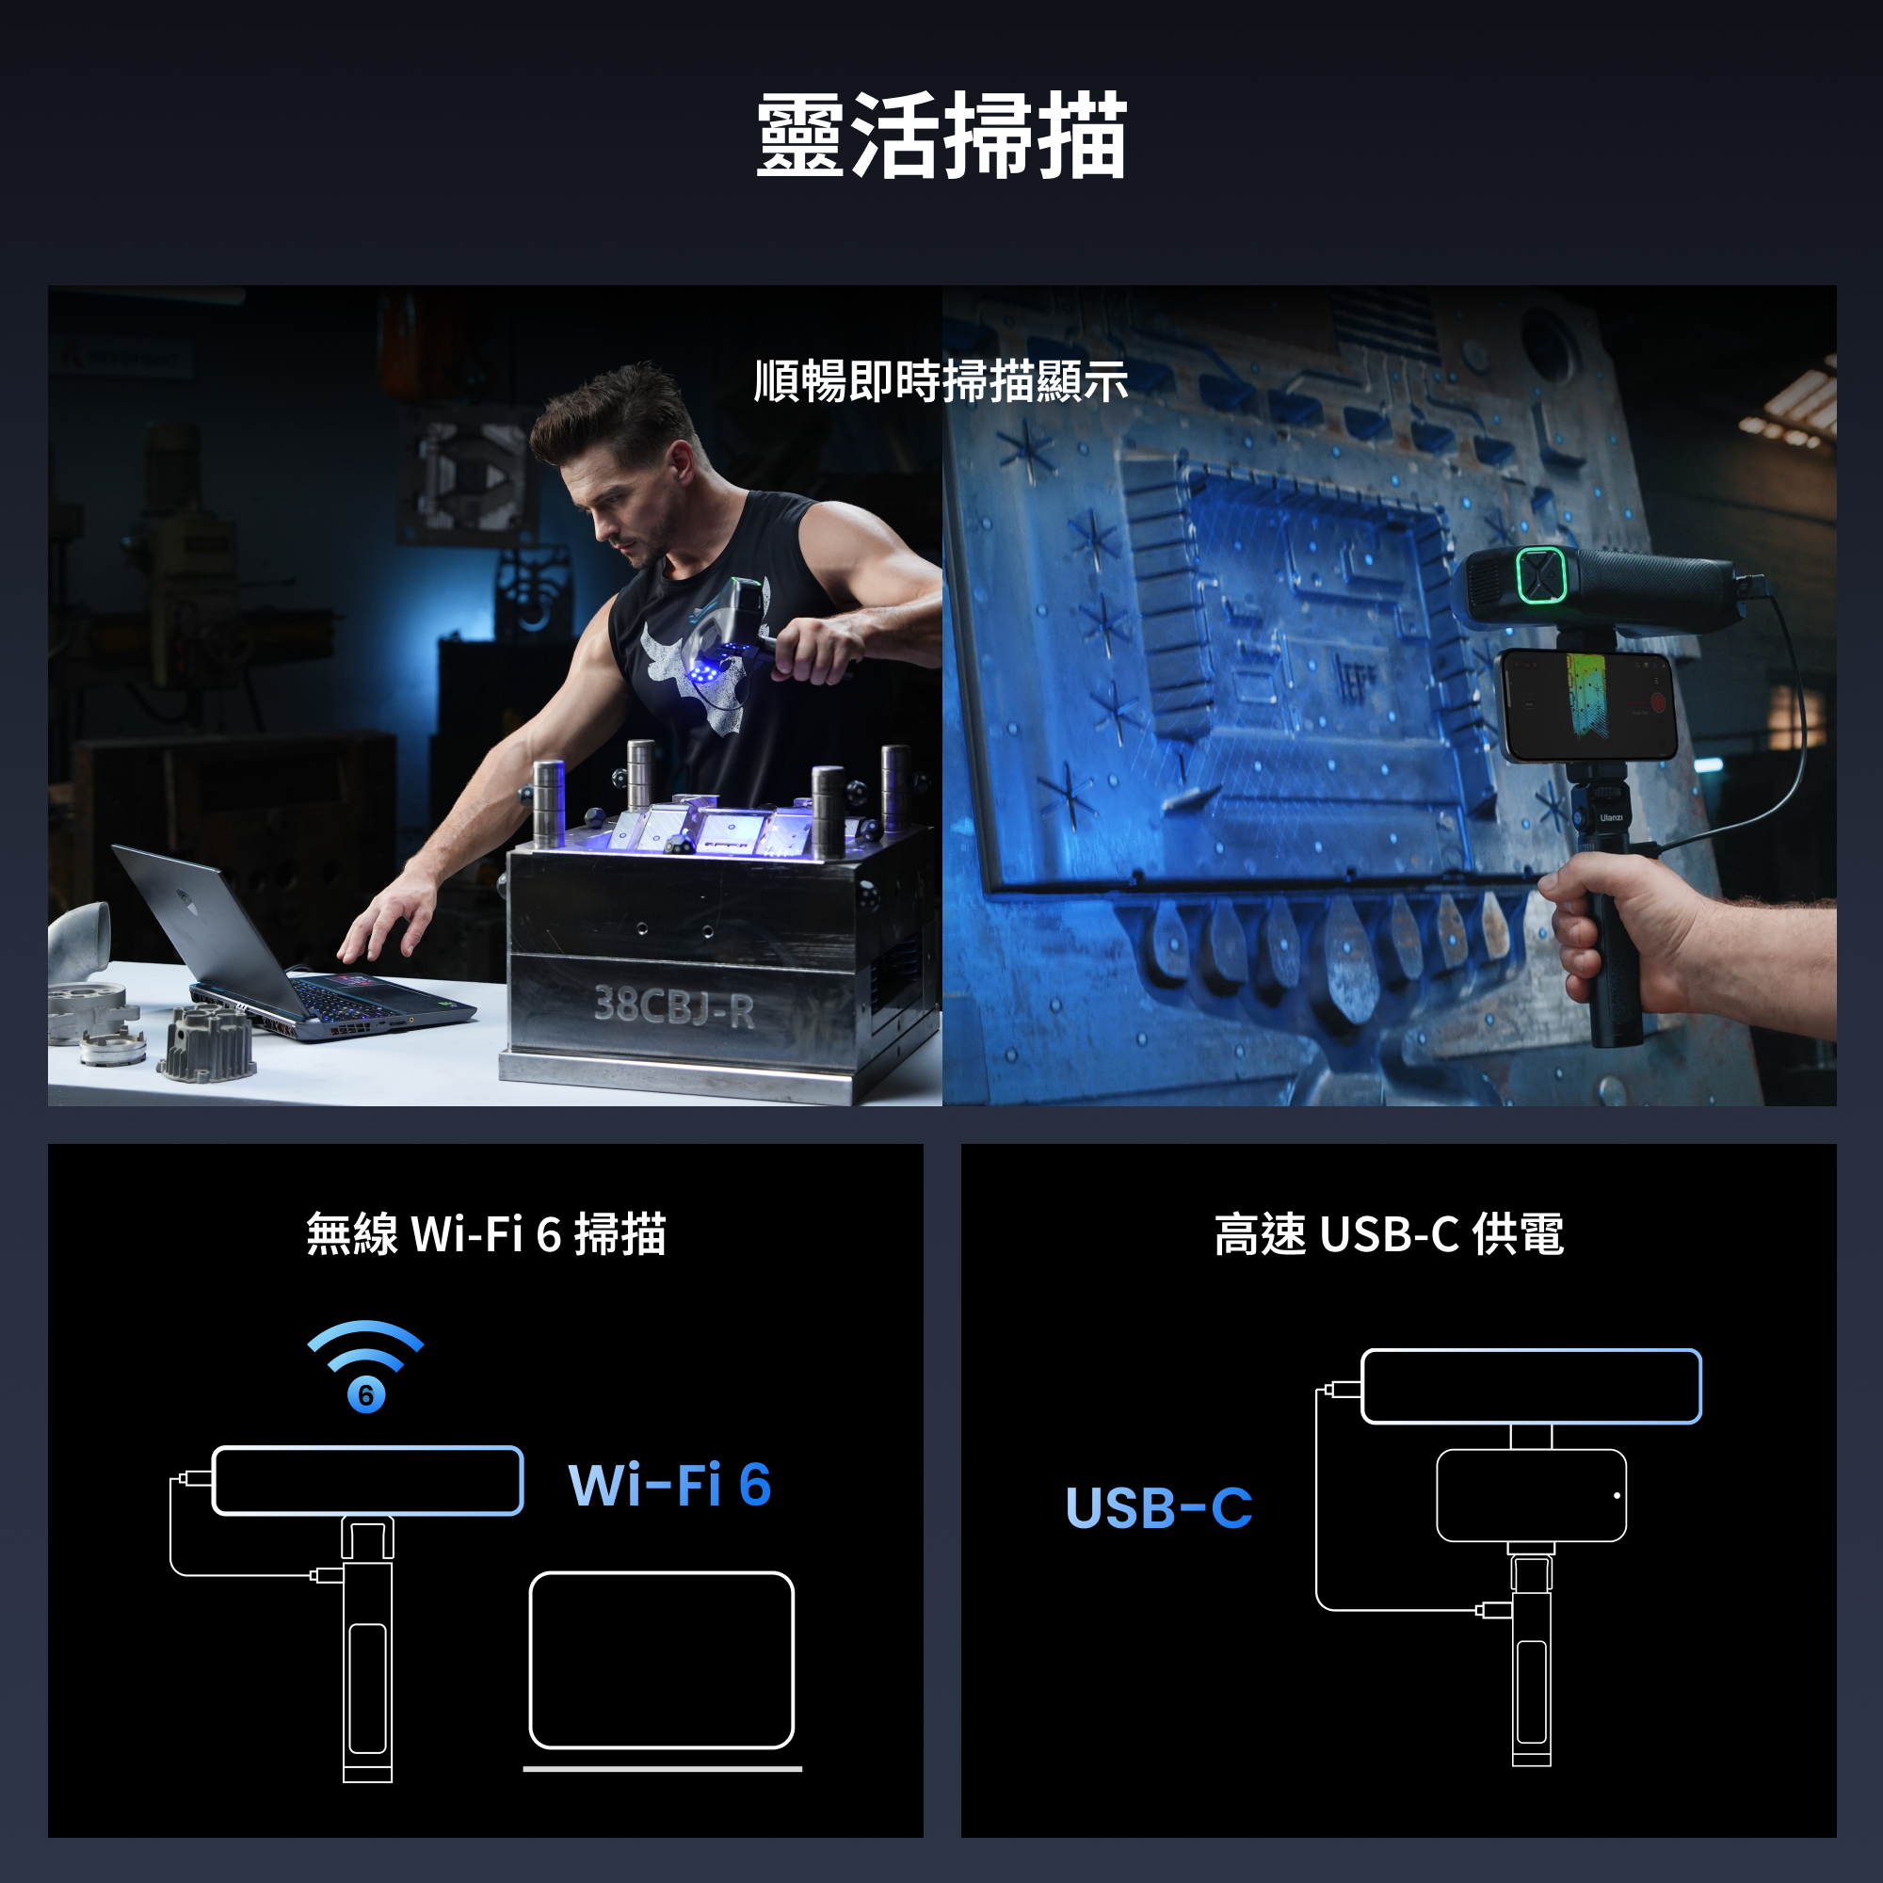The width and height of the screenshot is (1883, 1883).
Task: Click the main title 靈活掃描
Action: pos(941,137)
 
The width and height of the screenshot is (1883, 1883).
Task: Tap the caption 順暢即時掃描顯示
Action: pos(941,381)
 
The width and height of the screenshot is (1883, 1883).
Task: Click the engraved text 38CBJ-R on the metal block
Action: pos(674,1006)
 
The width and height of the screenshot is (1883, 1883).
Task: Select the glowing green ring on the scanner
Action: pos(1541,575)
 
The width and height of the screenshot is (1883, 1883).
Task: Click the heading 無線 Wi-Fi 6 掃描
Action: pos(486,1234)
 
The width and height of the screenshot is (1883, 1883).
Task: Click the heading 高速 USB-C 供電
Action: pos(1389,1234)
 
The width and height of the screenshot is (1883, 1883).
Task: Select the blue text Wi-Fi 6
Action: pos(669,1486)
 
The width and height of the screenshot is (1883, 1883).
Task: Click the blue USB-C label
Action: pos(1158,1507)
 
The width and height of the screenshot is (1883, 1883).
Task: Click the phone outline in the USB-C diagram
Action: pos(1531,1496)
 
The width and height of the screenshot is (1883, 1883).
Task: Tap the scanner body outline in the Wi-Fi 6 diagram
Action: pos(367,1480)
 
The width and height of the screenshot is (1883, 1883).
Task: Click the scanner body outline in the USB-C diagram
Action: pos(1531,1387)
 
